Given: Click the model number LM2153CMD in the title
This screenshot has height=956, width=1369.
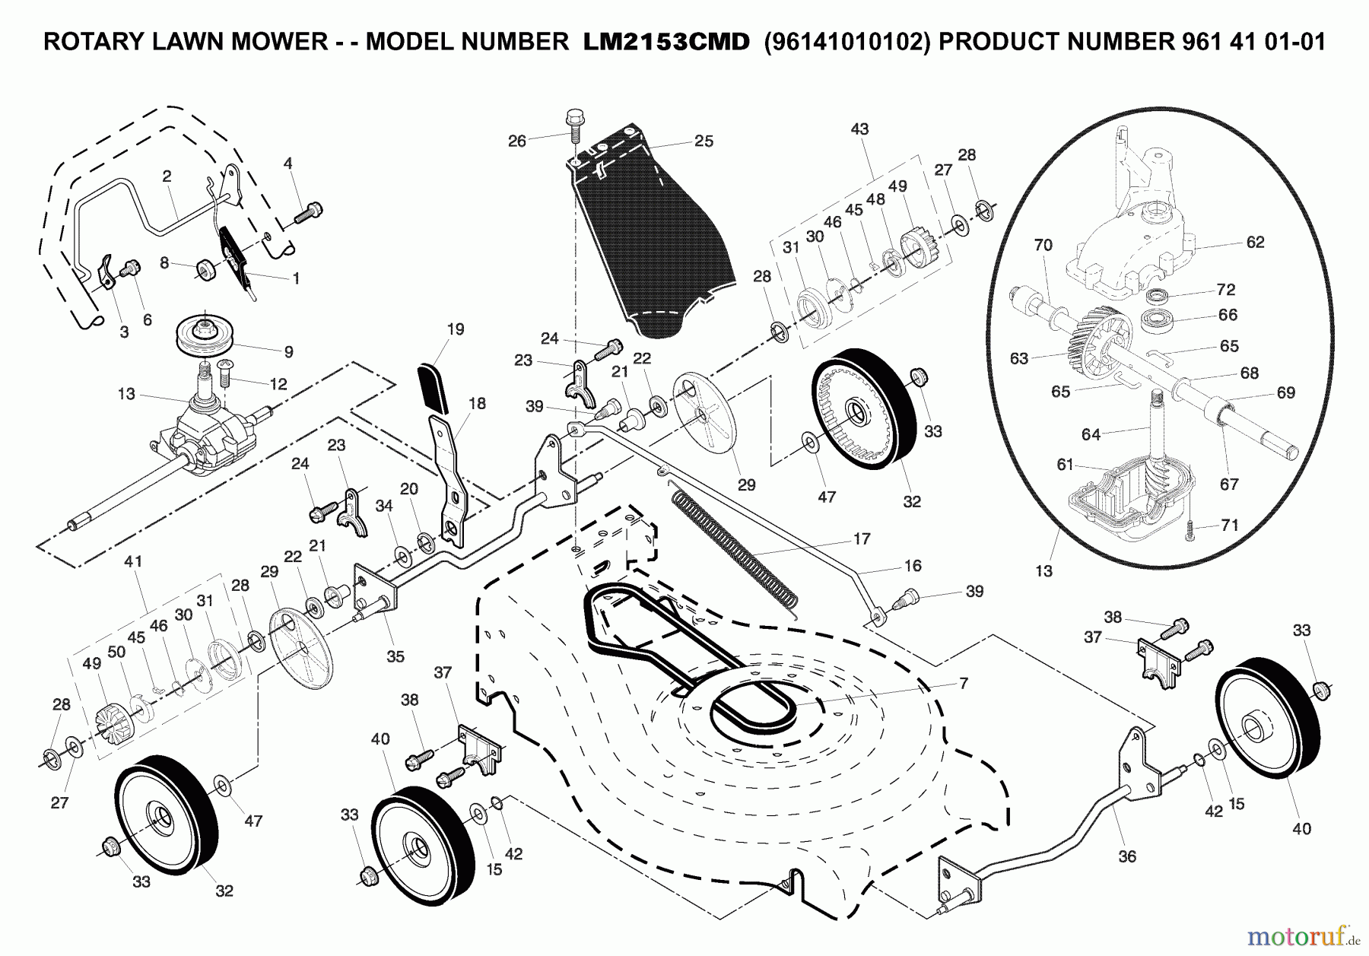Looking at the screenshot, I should coord(665,42).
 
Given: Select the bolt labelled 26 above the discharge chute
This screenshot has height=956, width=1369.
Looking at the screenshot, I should coord(574,122).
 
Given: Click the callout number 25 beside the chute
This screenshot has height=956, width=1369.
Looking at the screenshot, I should coord(704,141).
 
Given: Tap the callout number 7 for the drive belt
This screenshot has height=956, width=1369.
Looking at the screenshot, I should coord(964,684).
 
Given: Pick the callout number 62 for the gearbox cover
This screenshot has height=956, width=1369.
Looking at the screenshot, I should coord(1255,242).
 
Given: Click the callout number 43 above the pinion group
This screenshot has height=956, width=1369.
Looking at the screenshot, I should coord(859,129).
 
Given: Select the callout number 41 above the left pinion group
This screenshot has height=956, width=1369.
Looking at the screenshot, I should coord(133,561).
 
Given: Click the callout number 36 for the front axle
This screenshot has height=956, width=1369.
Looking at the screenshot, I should coord(1126,856).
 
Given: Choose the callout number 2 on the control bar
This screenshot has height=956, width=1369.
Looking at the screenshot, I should coord(167,176).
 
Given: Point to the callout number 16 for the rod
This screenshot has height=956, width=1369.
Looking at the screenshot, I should coord(913,565).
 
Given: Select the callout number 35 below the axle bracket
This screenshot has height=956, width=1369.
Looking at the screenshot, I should coord(395,656).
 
